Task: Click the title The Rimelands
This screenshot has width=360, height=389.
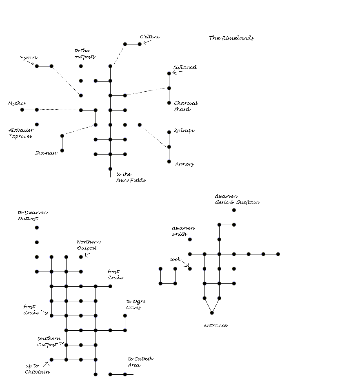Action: click(231, 38)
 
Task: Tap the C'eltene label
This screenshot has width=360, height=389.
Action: click(150, 37)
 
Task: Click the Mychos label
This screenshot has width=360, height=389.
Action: click(17, 104)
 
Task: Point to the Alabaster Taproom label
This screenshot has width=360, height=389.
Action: click(21, 133)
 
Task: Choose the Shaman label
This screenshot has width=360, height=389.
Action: click(46, 153)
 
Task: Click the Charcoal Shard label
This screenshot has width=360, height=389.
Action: click(186, 106)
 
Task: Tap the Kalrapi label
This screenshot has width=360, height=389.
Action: click(184, 131)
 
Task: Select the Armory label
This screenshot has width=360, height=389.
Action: click(184, 164)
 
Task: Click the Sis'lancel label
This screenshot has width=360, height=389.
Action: click(185, 67)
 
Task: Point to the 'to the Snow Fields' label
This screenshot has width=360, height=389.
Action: click(131, 177)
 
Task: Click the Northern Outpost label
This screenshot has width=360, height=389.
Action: click(89, 245)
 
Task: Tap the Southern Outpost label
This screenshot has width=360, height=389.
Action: click(49, 342)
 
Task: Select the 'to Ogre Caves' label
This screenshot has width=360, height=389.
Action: click(136, 305)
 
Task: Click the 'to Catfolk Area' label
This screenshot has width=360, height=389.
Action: click(140, 362)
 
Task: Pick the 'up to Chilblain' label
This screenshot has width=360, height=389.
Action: click(38, 369)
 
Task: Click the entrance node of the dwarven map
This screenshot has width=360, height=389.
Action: click(212, 313)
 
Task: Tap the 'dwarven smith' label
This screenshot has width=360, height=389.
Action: click(183, 231)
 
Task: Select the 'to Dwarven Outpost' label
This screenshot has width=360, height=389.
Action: click(33, 215)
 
